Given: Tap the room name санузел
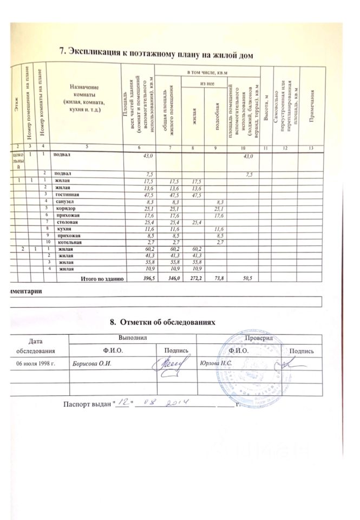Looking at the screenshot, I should coord(61,201).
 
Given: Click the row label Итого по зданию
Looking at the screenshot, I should coord(103,278).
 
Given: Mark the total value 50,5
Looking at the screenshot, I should coord(247,278).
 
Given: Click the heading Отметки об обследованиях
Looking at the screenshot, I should coord(167,323).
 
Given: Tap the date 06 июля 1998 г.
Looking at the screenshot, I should coord(36,362).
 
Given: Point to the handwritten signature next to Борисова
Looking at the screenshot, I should coord(174,362).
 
